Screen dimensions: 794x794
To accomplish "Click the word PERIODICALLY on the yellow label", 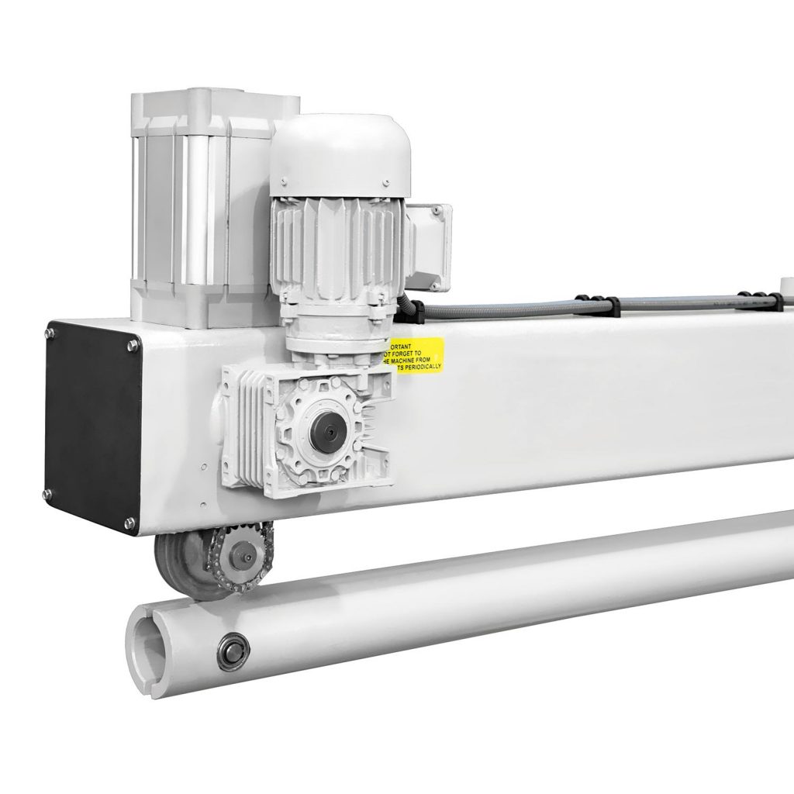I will pos(423,364).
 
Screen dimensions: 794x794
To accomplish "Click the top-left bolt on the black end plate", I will pos(50,333).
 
